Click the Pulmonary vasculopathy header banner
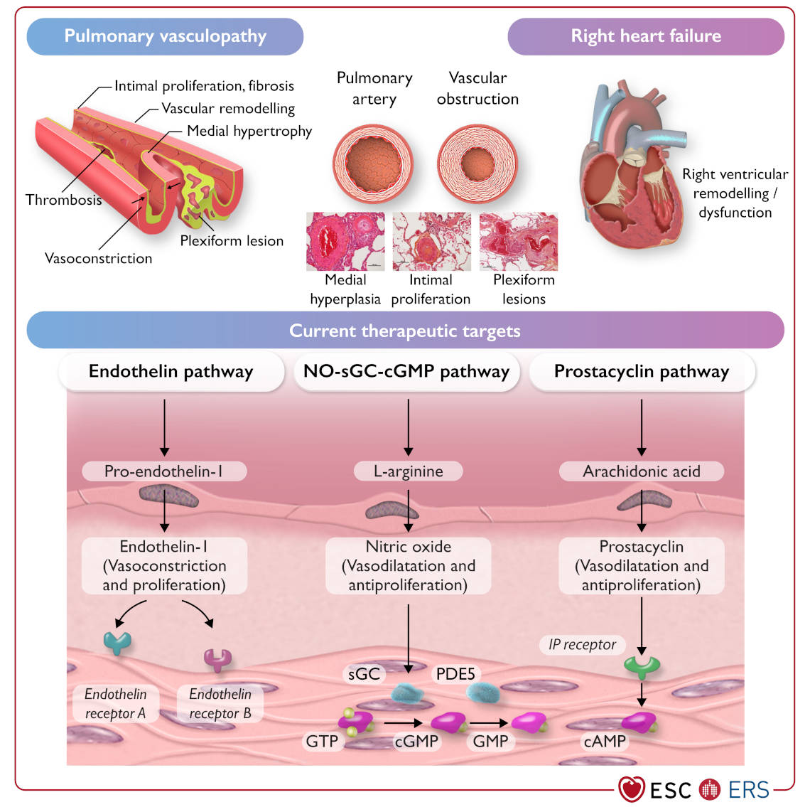(x=165, y=36)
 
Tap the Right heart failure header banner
(x=645, y=36)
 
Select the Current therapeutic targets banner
(x=405, y=331)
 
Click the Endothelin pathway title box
(x=171, y=372)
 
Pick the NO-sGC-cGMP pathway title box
(x=406, y=372)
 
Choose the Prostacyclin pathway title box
(x=642, y=372)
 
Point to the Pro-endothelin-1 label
(x=164, y=471)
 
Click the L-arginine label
(x=409, y=471)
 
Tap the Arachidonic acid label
(x=642, y=471)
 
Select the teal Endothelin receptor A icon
(x=117, y=642)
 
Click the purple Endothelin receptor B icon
(x=218, y=659)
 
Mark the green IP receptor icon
(x=642, y=667)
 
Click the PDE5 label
(x=455, y=673)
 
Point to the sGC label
(x=364, y=673)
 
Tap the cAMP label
(x=605, y=742)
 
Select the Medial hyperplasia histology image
(x=345, y=242)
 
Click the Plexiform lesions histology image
(x=519, y=242)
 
